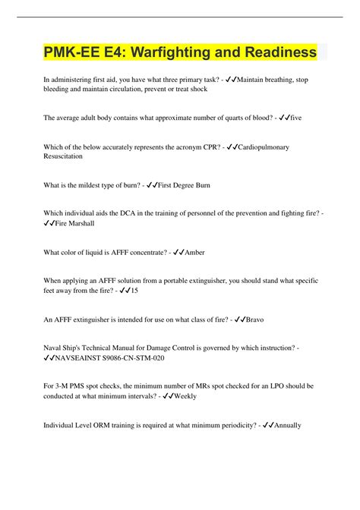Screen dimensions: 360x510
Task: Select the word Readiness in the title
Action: pyautogui.click(x=273, y=52)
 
